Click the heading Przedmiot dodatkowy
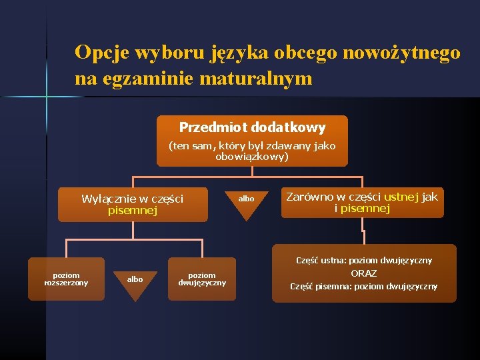pyautogui.click(x=252, y=127)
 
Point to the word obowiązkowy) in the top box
pyautogui.click(x=252, y=157)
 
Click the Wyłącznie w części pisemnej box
pyautogui.click(x=132, y=205)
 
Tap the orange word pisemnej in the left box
pyautogui.click(x=132, y=211)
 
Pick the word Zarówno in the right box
pyautogui.click(x=309, y=197)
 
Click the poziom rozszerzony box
pyautogui.click(x=66, y=279)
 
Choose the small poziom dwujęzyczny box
pyautogui.click(x=202, y=279)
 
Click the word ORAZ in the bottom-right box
pyautogui.click(x=363, y=273)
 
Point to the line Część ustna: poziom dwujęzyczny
pyautogui.click(x=363, y=260)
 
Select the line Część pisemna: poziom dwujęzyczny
pyautogui.click(x=363, y=287)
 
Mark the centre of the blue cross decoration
pyautogui.click(x=46, y=97)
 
